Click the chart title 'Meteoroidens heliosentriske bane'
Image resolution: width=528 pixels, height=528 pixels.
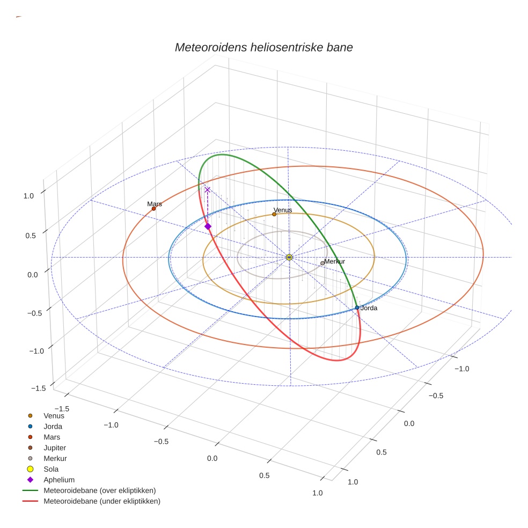pyautogui.click(x=263, y=47)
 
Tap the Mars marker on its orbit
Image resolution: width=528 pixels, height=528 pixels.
pyautogui.click(x=153, y=209)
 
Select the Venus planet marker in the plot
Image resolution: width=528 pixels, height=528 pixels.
pyautogui.click(x=274, y=214)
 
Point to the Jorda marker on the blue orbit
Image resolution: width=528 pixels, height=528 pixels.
pyautogui.click(x=357, y=307)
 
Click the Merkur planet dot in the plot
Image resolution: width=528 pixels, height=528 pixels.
pyautogui.click(x=322, y=263)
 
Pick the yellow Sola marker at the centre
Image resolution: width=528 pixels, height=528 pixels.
pyautogui.click(x=289, y=258)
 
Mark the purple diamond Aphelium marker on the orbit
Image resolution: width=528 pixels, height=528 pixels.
pyautogui.click(x=208, y=226)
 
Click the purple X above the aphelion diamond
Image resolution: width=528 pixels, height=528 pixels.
pyautogui.click(x=207, y=189)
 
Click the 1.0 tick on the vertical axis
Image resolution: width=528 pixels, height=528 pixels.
pyautogui.click(x=28, y=196)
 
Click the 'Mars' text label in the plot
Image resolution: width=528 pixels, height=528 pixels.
pyautogui.click(x=155, y=204)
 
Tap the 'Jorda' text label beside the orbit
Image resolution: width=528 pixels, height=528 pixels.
pyautogui.click(x=369, y=308)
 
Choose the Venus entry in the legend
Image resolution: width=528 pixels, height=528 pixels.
pyautogui.click(x=54, y=415)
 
